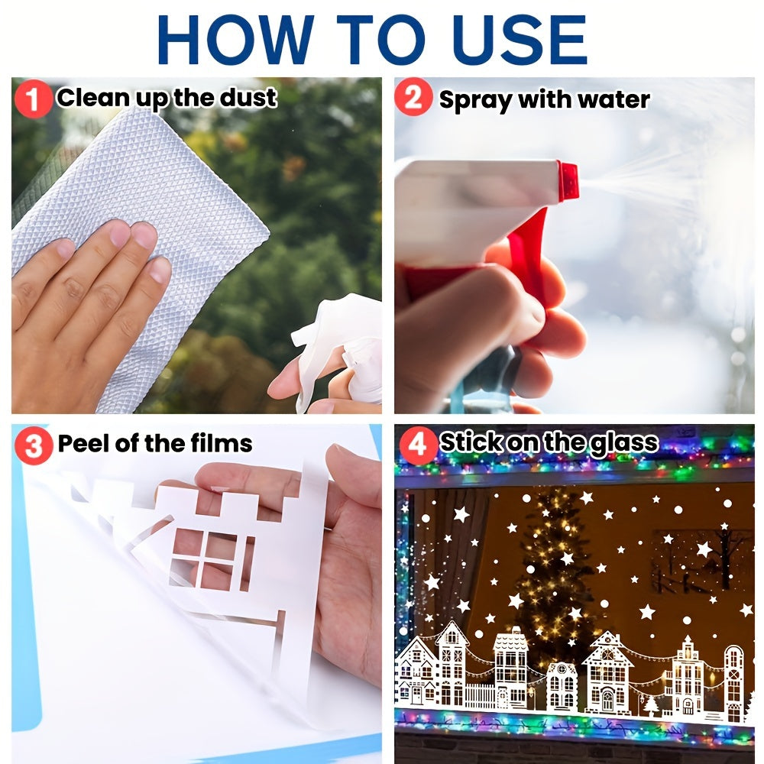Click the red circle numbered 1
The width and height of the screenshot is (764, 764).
point(33,99)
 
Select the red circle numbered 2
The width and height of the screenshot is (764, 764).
point(414,99)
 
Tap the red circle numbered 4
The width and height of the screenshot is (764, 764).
point(416,445)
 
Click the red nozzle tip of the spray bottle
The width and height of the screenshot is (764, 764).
point(568,180)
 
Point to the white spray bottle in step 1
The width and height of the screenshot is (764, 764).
point(344,351)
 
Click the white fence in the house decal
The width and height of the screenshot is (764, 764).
point(480,695)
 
